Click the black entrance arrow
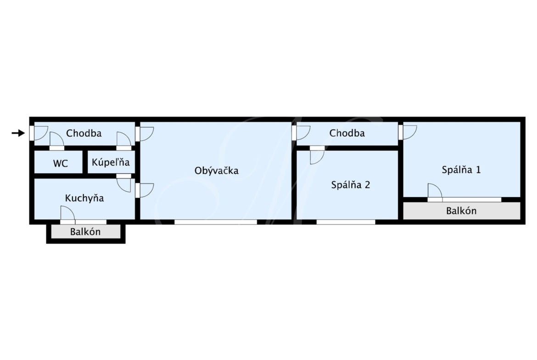(x=18, y=133)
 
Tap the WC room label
(x=60, y=164)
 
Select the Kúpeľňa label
(x=111, y=162)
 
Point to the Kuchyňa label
(x=84, y=198)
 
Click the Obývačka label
(x=217, y=171)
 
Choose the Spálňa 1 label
(x=461, y=169)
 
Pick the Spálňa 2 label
(x=350, y=185)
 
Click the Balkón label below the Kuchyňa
(x=85, y=232)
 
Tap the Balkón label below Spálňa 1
(x=461, y=211)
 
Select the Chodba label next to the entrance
(x=84, y=133)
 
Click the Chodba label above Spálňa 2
(x=347, y=133)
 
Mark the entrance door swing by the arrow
(x=39, y=133)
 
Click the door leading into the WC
(x=57, y=141)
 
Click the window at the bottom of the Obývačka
(x=216, y=222)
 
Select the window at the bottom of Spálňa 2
(x=346, y=222)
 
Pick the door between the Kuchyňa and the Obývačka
(x=145, y=191)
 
